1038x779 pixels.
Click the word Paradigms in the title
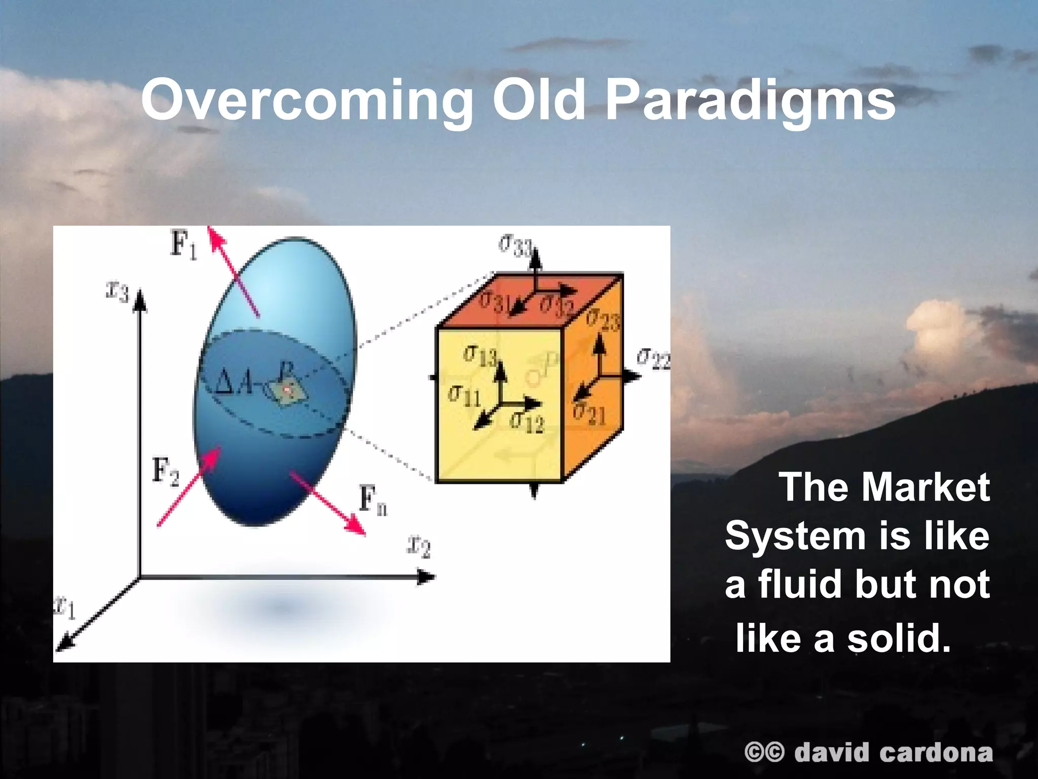click(x=750, y=101)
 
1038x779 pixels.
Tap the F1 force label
click(x=183, y=245)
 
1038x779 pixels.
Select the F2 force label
click(x=166, y=472)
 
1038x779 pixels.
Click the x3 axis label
click(x=118, y=292)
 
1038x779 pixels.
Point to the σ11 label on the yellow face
click(x=464, y=395)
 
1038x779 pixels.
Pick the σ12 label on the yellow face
click(x=527, y=421)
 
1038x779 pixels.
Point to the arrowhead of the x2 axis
click(x=427, y=577)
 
